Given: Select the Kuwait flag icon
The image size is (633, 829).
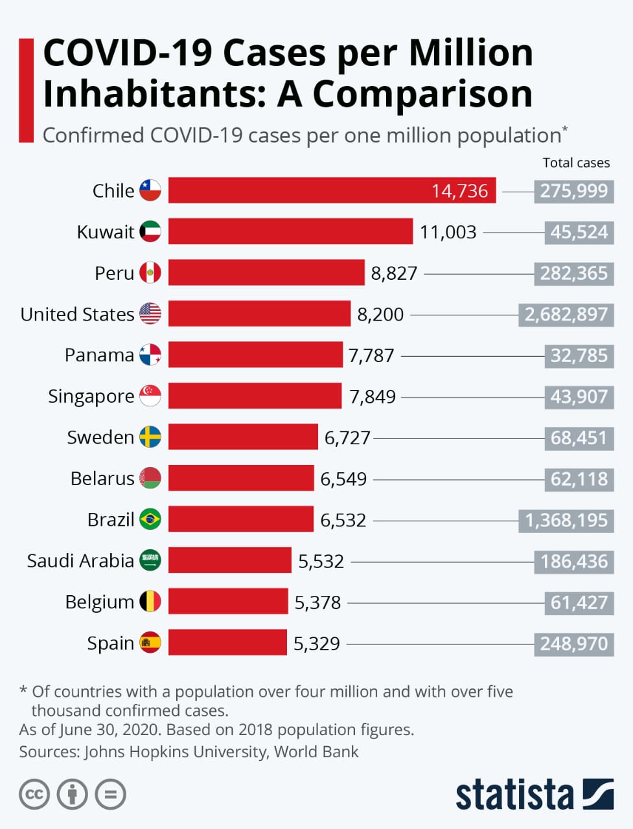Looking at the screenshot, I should [150, 231].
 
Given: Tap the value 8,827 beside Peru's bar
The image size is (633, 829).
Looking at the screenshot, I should [394, 273].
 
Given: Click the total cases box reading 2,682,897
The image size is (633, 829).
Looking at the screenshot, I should [566, 315].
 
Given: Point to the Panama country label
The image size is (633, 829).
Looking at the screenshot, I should [99, 355].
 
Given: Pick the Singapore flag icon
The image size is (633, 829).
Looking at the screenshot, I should [150, 396].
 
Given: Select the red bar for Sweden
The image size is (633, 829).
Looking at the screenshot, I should [243, 437].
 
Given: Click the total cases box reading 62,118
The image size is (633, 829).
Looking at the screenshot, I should [579, 479].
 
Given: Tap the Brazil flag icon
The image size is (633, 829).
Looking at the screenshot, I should [150, 519].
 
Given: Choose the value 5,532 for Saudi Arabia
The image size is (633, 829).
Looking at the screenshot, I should [321, 561].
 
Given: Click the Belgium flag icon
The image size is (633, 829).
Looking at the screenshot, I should [150, 602].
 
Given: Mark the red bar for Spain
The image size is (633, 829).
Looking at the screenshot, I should [227, 642].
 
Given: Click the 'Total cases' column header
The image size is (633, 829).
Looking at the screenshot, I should [576, 163].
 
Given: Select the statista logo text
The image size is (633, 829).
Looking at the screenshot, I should [514, 795].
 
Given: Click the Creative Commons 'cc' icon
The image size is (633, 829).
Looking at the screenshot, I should [34, 795].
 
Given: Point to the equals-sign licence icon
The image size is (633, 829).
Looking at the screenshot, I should [110, 795].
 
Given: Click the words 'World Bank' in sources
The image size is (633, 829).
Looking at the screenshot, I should [316, 751].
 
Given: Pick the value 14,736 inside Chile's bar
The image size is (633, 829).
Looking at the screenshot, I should [459, 191].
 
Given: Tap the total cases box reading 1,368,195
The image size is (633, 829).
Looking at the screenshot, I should [566, 520].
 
